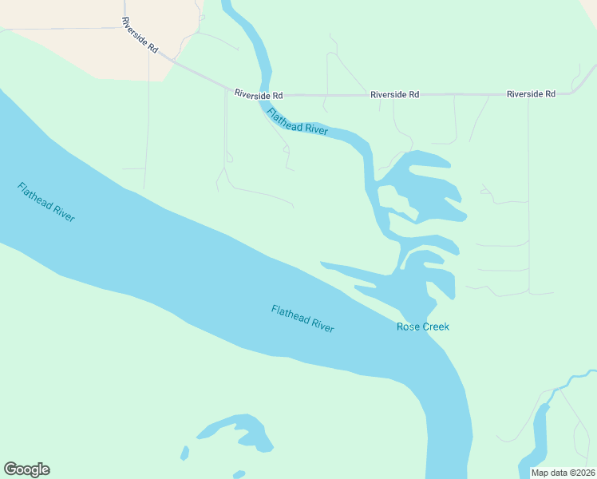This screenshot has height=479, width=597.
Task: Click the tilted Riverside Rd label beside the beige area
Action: [140, 34]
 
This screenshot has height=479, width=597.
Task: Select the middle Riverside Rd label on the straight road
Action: [394, 94]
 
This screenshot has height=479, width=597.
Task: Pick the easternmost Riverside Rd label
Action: [531, 94]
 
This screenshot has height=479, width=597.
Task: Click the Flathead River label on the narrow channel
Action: [298, 121]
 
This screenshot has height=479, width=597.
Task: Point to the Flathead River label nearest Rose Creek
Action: [302, 319]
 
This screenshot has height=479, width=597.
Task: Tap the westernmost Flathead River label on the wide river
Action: [46, 202]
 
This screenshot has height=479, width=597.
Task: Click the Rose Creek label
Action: [422, 327]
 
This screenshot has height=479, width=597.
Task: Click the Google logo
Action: [26, 469]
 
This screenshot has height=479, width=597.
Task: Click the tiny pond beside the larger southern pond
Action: [185, 453]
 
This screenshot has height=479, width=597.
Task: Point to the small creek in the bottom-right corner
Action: [543, 431]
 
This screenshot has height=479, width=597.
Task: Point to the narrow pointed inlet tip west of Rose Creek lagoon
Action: [323, 263]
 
